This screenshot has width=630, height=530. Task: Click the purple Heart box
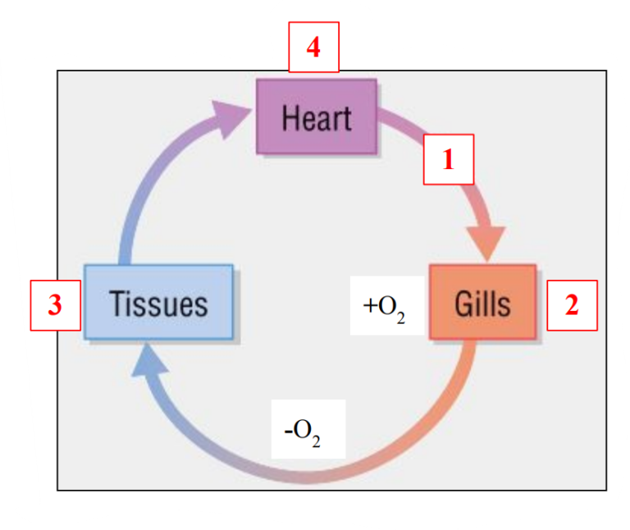coord(317,117)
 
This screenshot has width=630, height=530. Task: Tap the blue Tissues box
coord(158,302)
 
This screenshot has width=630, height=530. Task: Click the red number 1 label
coord(448,159)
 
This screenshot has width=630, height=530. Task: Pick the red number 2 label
coord(572,305)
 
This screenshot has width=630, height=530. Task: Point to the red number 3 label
coord(55,305)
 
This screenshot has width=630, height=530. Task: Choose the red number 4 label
coord(313,48)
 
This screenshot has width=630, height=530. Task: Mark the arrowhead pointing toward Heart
coord(233,117)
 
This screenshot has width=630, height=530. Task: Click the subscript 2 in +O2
coord(400,317)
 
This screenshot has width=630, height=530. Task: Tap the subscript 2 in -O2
coord(316,441)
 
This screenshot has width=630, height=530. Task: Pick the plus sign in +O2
coord(368,305)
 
